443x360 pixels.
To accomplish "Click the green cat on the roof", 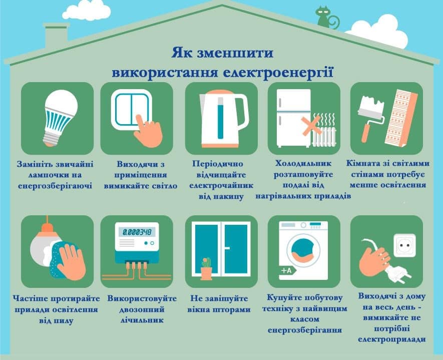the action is pyautogui.click(x=325, y=18).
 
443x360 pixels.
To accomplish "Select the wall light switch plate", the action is pyautogui.click(x=131, y=110).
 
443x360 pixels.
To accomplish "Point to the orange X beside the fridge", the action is pyautogui.click(x=311, y=126).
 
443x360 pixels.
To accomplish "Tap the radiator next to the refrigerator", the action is pyautogui.click(x=324, y=136).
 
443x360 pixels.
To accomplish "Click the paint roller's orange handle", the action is pyautogui.click(x=365, y=133).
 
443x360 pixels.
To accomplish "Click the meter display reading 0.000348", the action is pyautogui.click(x=137, y=232).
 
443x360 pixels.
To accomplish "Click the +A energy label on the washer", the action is pyautogui.click(x=288, y=270).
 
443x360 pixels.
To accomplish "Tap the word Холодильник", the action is pyautogui.click(x=303, y=163).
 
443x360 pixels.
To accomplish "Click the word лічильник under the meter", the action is pyautogui.click(x=142, y=320).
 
